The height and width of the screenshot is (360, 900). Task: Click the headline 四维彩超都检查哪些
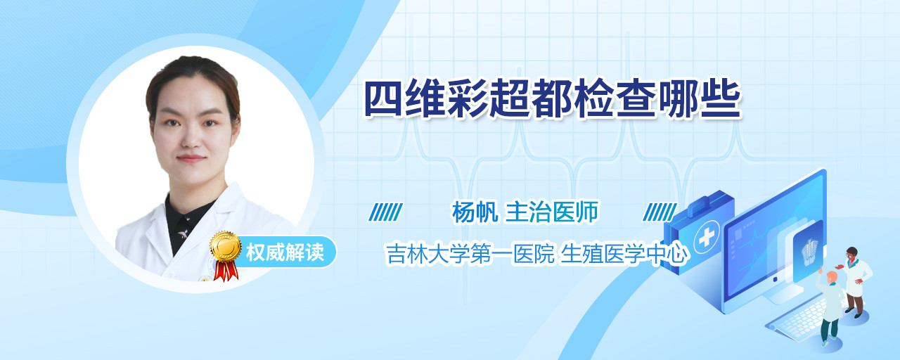click(x=553, y=98)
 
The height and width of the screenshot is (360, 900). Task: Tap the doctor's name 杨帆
click(x=475, y=212)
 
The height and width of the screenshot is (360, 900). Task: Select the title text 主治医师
click(x=552, y=212)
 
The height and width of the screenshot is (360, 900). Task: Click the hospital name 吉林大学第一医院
click(x=470, y=254)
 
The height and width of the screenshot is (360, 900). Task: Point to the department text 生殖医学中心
click(x=623, y=254)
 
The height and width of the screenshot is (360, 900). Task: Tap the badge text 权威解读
click(x=285, y=252)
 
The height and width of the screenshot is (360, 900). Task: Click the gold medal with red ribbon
click(x=226, y=255)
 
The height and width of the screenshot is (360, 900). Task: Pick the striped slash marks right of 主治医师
click(x=660, y=212)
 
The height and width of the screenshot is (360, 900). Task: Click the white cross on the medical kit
click(x=706, y=238)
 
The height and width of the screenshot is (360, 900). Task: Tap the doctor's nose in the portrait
click(x=192, y=136)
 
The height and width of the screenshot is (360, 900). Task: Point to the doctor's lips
click(x=191, y=158)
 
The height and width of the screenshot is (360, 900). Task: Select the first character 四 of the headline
click(x=383, y=98)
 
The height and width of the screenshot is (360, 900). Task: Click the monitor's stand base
click(x=781, y=295)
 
